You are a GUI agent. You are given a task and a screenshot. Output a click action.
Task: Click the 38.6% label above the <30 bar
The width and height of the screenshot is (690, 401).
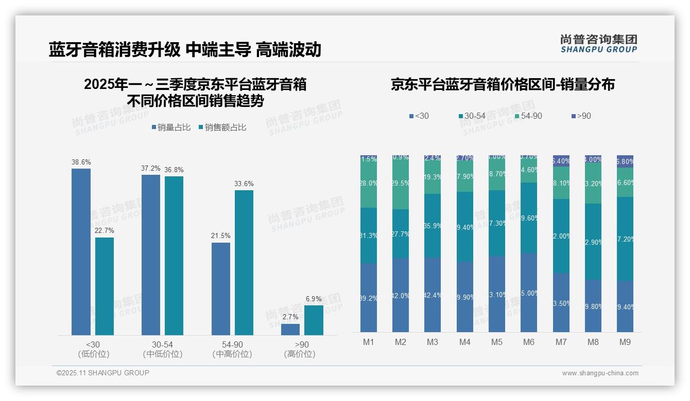click(81, 162)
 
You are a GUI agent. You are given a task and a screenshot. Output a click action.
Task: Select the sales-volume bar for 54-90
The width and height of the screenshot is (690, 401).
click(221, 288)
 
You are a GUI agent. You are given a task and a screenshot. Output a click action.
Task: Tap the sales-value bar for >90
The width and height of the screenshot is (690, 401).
click(314, 320)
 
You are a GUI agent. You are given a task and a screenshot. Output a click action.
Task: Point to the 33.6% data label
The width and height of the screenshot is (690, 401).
click(244, 184)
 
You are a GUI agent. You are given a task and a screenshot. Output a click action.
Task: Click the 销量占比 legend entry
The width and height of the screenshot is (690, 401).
click(170, 127)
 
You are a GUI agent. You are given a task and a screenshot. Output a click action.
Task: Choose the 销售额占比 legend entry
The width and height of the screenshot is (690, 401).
click(222, 127)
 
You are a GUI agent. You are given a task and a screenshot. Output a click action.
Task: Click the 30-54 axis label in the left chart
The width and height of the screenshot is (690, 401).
click(162, 344)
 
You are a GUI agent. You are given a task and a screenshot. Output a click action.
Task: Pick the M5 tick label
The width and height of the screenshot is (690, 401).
click(497, 342)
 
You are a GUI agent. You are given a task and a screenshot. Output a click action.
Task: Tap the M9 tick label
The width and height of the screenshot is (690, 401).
click(625, 342)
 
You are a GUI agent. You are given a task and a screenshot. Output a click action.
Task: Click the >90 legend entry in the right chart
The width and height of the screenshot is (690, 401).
click(581, 116)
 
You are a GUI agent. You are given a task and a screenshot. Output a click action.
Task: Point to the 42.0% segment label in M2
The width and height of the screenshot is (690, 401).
click(401, 296)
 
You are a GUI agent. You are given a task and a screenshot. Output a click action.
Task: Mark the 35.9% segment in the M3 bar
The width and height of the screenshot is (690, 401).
click(433, 226)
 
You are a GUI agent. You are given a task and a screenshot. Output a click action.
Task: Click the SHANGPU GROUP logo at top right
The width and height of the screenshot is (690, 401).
click(598, 44)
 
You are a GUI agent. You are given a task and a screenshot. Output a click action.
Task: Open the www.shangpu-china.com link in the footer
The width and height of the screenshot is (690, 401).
click(600, 373)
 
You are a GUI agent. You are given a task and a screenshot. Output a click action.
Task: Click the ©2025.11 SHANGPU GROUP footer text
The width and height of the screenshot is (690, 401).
click(102, 373)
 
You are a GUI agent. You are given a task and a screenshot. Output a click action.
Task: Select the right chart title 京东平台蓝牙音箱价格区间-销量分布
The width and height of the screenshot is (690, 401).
click(503, 84)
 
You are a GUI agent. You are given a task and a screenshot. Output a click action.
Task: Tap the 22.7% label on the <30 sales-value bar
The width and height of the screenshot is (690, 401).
click(105, 230)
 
